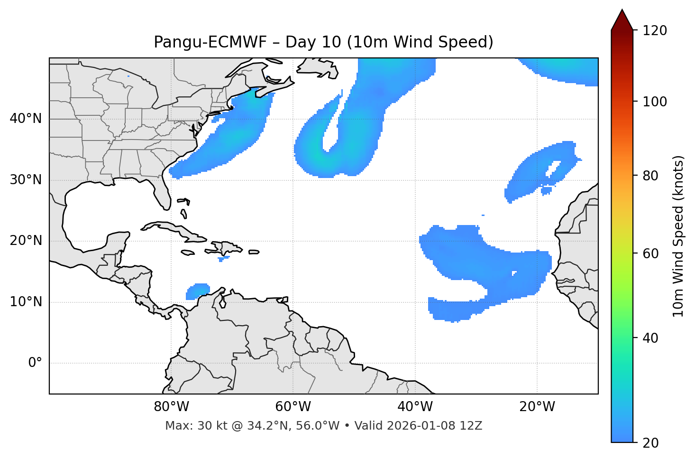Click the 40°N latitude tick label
[x=26, y=119]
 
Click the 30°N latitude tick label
[x=26, y=180]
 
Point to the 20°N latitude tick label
[x=26, y=241]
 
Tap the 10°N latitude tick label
[x=26, y=302]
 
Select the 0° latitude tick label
[x=35, y=363]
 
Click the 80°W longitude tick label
[x=171, y=407]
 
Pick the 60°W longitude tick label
[x=293, y=407]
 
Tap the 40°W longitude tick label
[x=415, y=407]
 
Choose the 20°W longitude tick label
[x=537, y=407]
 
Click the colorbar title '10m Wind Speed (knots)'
[x=678, y=236]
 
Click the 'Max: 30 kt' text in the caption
[x=186, y=426]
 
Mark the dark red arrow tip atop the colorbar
[x=622, y=19]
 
